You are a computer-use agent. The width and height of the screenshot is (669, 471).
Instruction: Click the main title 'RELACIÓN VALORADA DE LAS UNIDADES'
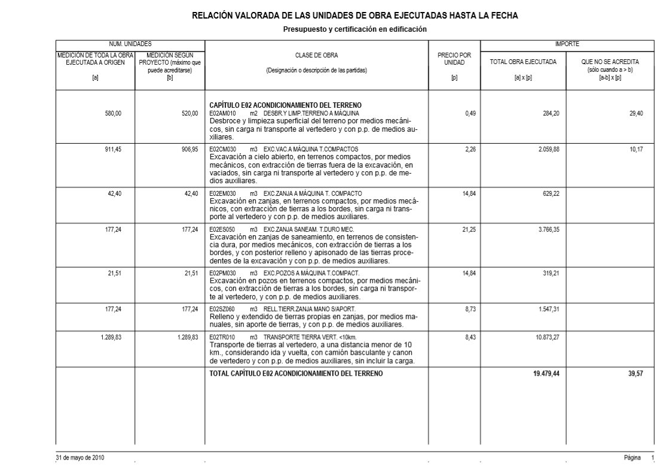[355, 16]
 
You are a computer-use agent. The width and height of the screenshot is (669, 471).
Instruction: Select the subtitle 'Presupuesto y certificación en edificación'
[355, 29]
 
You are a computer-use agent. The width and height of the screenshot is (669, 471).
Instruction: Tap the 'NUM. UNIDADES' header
[130, 44]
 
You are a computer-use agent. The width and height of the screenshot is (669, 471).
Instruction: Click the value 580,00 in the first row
[113, 113]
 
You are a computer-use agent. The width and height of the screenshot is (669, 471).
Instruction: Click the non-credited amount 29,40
[636, 113]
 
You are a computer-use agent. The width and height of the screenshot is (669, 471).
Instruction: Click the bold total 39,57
[635, 373]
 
